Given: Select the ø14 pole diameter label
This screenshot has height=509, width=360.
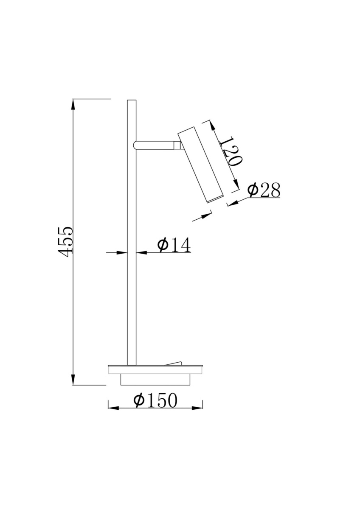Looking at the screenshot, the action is pos(174,245).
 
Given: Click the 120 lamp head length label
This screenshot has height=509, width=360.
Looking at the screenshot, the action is pos(230,151).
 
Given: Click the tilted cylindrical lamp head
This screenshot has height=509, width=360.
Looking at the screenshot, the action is pos(200,164).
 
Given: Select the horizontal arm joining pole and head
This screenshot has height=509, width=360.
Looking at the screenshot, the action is pos(157,145).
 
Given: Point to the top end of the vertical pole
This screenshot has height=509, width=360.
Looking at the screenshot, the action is pos(132,100).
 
